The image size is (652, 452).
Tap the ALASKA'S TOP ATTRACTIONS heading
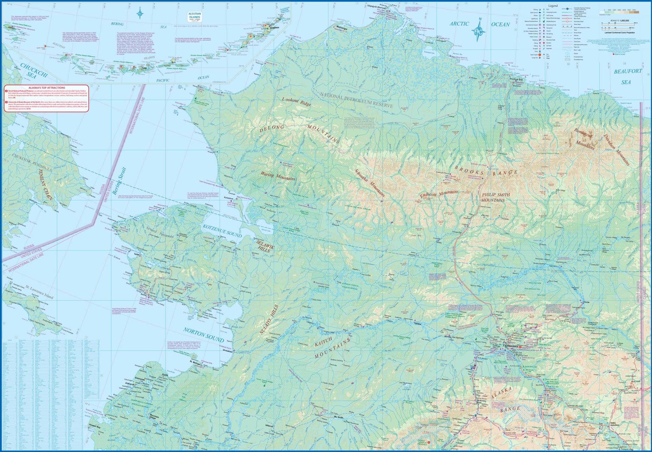click(x=46, y=88)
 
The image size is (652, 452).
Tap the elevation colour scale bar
click(x=619, y=13)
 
